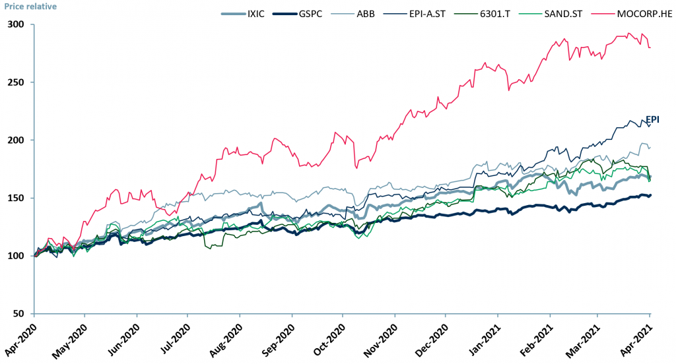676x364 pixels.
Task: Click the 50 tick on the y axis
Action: click(x=18, y=314)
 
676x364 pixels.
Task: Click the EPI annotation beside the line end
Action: click(x=652, y=119)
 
